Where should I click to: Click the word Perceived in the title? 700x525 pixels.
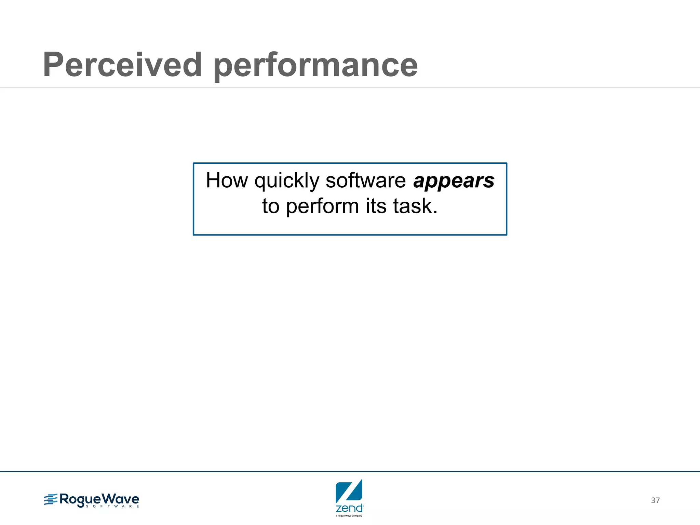(x=122, y=65)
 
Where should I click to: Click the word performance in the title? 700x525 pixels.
(x=315, y=66)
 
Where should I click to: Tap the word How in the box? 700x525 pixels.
(x=227, y=180)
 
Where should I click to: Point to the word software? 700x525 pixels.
(x=365, y=180)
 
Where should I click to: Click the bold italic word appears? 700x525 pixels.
(x=454, y=181)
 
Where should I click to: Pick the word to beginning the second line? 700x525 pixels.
(x=271, y=206)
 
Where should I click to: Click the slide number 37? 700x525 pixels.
(x=655, y=500)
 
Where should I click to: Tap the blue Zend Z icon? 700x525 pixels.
(x=349, y=491)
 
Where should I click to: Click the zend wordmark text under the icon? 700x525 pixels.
(x=349, y=508)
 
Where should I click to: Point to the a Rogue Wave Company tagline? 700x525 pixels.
(x=349, y=516)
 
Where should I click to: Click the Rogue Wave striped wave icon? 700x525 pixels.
(x=50, y=500)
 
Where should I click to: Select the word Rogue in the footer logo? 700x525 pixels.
(x=81, y=499)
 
